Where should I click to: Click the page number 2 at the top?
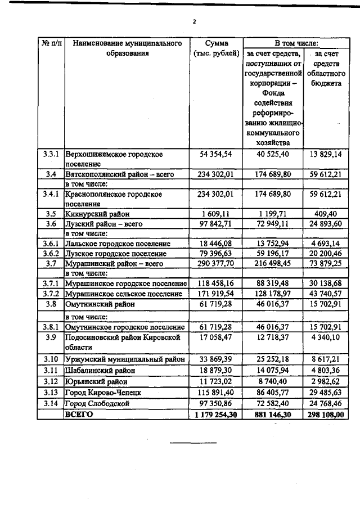pos(193,22)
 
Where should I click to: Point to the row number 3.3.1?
pos(51,154)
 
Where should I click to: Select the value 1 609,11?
pos(217,214)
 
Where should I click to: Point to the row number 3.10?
pos(51,359)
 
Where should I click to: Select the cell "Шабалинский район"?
pos(100,371)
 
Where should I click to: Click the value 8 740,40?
pos(273,381)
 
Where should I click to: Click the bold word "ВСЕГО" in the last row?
pos(79,414)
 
